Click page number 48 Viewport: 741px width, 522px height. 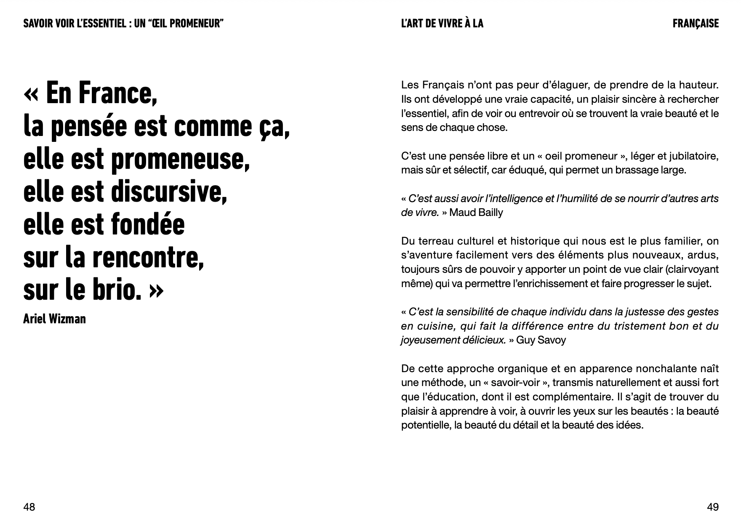coord(29,507)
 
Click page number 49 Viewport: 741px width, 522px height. coord(713,507)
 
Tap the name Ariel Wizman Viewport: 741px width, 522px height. coord(54,319)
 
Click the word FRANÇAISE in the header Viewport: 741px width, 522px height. coord(696,24)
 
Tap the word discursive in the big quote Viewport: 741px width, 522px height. coord(168,192)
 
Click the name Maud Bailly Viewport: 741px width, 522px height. coord(476,213)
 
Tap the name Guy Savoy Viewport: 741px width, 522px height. coord(541,340)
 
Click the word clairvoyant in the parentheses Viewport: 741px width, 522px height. coord(694,269)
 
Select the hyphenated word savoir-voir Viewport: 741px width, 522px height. coord(515,383)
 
